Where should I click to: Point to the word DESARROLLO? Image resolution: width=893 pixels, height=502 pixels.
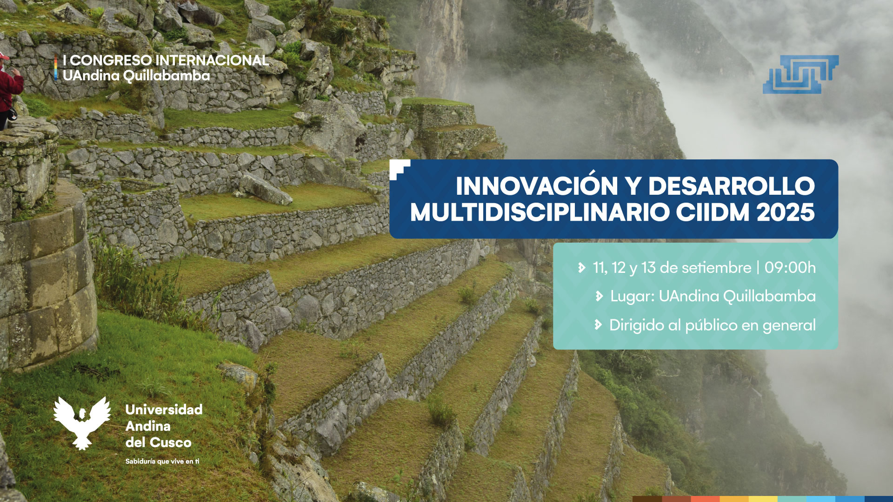(732, 186)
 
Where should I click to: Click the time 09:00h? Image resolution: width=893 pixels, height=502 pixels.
(790, 268)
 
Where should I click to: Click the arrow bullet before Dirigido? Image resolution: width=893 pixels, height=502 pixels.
(598, 325)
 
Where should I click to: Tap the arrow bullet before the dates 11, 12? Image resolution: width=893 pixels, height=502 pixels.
(581, 268)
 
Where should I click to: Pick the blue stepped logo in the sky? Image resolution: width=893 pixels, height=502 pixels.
(801, 74)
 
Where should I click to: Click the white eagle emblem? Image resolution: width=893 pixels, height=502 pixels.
(82, 422)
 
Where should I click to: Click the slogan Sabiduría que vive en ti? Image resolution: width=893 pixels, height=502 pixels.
(162, 462)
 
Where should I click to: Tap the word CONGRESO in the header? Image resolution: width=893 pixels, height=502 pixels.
(111, 60)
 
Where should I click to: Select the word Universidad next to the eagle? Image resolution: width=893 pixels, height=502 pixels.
(164, 410)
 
